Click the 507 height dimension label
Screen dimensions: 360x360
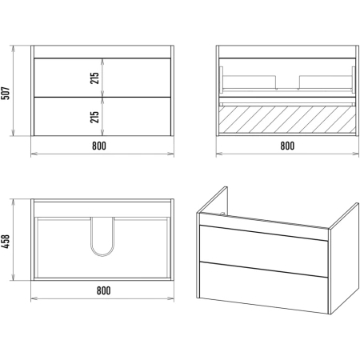6,93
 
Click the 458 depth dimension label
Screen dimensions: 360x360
6,242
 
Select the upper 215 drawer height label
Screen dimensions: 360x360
94,78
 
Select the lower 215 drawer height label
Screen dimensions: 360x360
94,117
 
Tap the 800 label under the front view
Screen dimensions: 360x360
99,146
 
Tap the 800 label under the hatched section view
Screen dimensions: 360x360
287,146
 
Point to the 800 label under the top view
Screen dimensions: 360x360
103,290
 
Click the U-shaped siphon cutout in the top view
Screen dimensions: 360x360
102,255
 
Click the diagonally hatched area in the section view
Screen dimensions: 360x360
287,119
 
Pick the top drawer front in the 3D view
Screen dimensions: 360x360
263,250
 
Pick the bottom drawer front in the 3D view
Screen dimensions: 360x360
263,287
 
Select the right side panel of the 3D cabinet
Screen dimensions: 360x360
344,258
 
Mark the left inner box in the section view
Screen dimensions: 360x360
249,82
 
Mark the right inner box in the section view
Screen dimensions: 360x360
326,82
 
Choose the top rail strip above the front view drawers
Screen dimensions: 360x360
102,52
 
